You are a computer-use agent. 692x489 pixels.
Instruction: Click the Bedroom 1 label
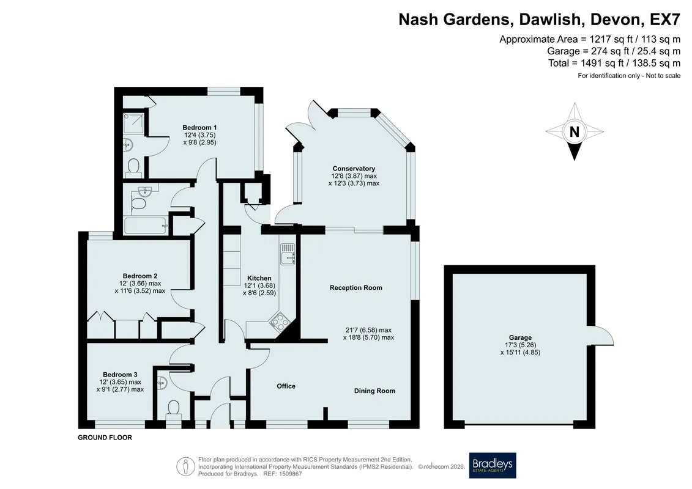(x=200, y=127)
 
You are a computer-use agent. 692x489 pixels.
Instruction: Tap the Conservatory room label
(x=354, y=169)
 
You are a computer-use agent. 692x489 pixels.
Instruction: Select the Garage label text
(x=520, y=338)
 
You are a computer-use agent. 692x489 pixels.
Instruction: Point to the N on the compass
(x=574, y=132)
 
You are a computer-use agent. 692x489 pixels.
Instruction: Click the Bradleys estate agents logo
(x=492, y=465)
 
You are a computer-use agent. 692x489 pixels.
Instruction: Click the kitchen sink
(x=287, y=254)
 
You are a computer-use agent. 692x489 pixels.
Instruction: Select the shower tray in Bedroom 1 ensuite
(x=133, y=123)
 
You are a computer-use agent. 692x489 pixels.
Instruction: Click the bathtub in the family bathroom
(x=146, y=226)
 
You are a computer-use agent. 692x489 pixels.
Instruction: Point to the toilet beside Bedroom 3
(x=173, y=408)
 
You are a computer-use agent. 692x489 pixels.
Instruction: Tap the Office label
(x=286, y=386)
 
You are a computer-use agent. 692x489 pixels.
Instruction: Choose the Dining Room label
(x=374, y=391)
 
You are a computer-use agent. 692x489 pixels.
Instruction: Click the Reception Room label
(x=355, y=288)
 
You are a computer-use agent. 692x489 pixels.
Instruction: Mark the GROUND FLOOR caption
(x=105, y=438)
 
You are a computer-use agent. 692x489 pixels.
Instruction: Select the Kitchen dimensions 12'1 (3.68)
(x=259, y=285)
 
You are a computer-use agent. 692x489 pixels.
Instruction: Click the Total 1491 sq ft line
(x=614, y=63)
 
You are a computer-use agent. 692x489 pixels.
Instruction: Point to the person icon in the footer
(x=185, y=467)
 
